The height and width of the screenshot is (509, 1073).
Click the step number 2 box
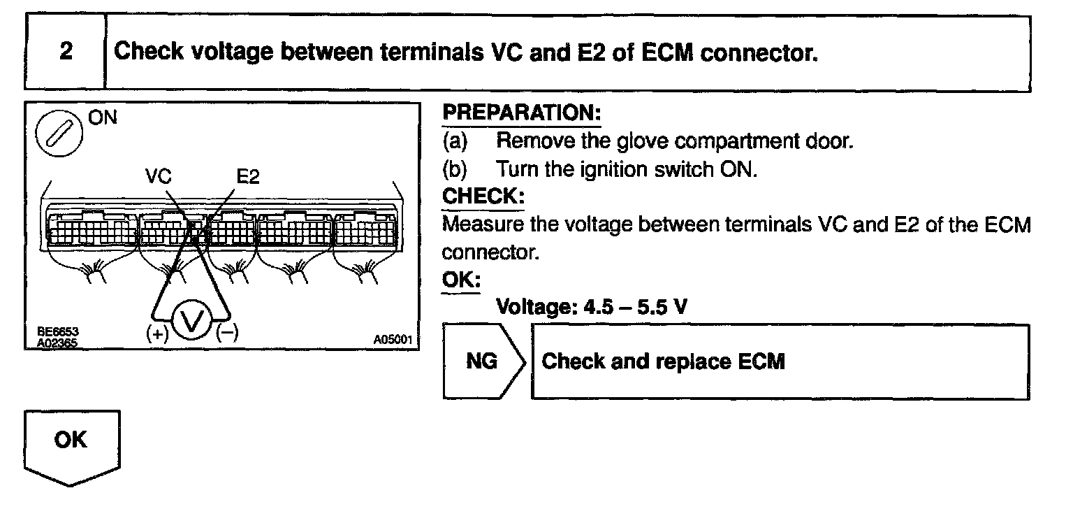click(65, 52)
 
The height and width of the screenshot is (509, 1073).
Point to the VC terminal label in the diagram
click(159, 177)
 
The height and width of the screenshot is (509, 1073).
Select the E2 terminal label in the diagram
click(247, 177)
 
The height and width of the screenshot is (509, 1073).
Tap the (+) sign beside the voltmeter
click(158, 334)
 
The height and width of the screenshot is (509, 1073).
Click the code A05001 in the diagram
click(393, 340)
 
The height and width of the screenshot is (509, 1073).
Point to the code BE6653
click(53, 333)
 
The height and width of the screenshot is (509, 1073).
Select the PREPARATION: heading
click(522, 113)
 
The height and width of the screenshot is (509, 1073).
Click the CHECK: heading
click(483, 196)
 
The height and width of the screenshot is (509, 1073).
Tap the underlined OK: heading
click(461, 280)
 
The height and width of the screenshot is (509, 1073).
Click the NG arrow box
click(482, 361)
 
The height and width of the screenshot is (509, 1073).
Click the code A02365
click(53, 343)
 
